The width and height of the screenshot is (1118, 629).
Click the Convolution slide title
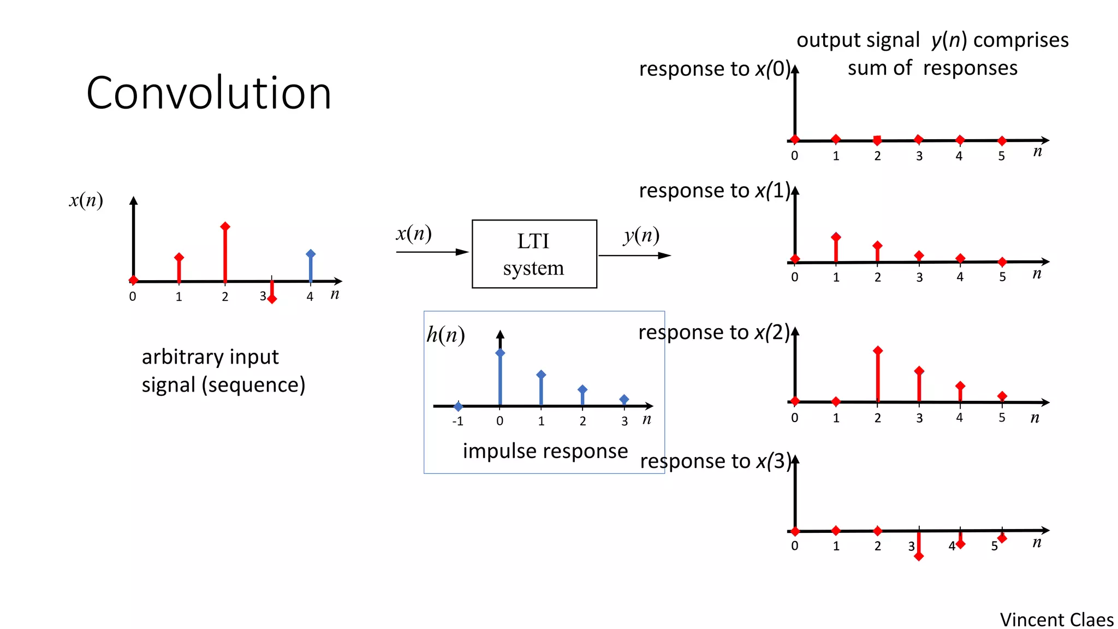(x=209, y=93)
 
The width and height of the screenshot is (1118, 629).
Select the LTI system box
(x=534, y=254)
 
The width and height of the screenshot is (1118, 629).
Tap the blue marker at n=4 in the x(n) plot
(x=311, y=254)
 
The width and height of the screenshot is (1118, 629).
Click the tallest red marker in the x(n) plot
(x=225, y=227)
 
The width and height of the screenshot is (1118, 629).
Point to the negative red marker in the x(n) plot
(x=272, y=299)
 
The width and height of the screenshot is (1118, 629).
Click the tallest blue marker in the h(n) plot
(x=500, y=353)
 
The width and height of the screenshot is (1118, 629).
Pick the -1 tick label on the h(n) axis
(x=457, y=422)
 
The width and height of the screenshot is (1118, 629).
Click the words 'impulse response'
(x=545, y=451)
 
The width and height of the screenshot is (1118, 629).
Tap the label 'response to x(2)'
(x=713, y=332)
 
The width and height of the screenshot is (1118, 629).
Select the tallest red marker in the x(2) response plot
(x=877, y=351)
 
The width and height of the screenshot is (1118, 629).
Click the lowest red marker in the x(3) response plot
(x=919, y=556)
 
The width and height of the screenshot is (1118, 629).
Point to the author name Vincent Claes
(x=1056, y=620)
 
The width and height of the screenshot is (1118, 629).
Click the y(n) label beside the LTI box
(x=641, y=235)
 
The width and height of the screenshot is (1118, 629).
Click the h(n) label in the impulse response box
(x=445, y=335)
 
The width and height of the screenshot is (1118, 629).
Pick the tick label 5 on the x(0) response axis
(x=1001, y=156)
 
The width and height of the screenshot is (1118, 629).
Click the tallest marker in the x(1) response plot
(x=836, y=237)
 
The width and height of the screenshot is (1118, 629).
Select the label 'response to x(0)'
(x=715, y=69)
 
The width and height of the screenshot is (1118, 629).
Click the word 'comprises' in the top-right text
(x=1021, y=40)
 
